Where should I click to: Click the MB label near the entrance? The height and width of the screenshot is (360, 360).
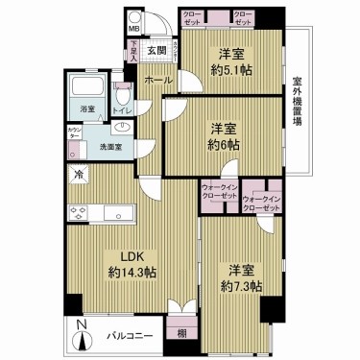tap(134, 29)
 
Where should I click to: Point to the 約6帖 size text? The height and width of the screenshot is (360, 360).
tap(225, 144)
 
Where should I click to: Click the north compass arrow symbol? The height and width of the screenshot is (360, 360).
tap(84, 338)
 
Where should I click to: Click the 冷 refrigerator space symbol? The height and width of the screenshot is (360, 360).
tap(80, 178)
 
